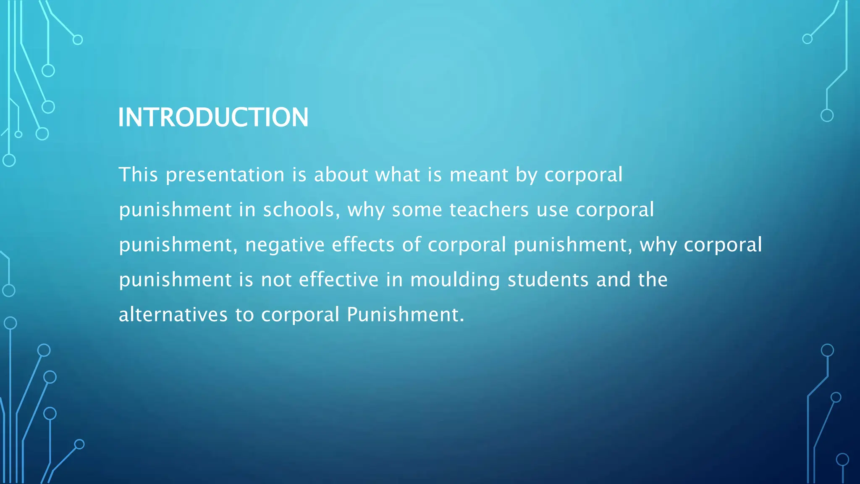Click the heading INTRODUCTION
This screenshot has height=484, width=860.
(x=213, y=117)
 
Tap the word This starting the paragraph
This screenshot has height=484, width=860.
(x=138, y=175)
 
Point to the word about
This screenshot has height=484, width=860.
(x=341, y=175)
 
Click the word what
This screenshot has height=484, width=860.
(x=397, y=175)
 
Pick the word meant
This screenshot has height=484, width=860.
(x=479, y=175)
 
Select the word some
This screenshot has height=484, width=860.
(x=417, y=210)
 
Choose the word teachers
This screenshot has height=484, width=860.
(x=489, y=210)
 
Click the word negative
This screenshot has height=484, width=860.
(x=285, y=245)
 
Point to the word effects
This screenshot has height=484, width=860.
(x=363, y=245)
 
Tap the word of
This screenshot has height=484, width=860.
(x=412, y=245)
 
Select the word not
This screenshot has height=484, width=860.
(x=276, y=280)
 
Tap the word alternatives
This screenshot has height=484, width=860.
(x=173, y=314)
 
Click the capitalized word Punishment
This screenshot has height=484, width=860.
(x=405, y=314)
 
